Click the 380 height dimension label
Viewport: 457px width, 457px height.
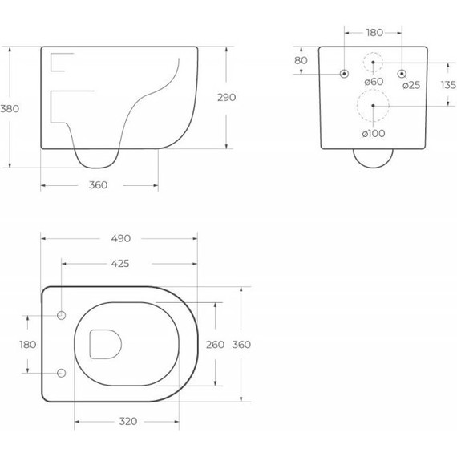10,109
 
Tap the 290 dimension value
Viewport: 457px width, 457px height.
226,97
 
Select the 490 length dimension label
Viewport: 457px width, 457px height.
120,238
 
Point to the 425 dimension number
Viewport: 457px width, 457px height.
120,264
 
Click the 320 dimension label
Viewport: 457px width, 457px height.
128,421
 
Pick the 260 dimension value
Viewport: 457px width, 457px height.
215,345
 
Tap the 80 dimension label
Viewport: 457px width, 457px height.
301,60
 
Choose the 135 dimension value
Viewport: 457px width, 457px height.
448,85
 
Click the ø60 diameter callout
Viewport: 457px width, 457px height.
374,82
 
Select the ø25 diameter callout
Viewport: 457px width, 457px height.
411,85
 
